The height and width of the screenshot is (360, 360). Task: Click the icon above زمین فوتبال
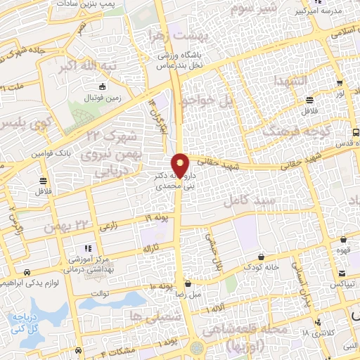coord(103,87)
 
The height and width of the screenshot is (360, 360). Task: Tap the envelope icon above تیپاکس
coord(341,274)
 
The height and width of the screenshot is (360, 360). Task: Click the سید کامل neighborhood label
coord(247,200)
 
